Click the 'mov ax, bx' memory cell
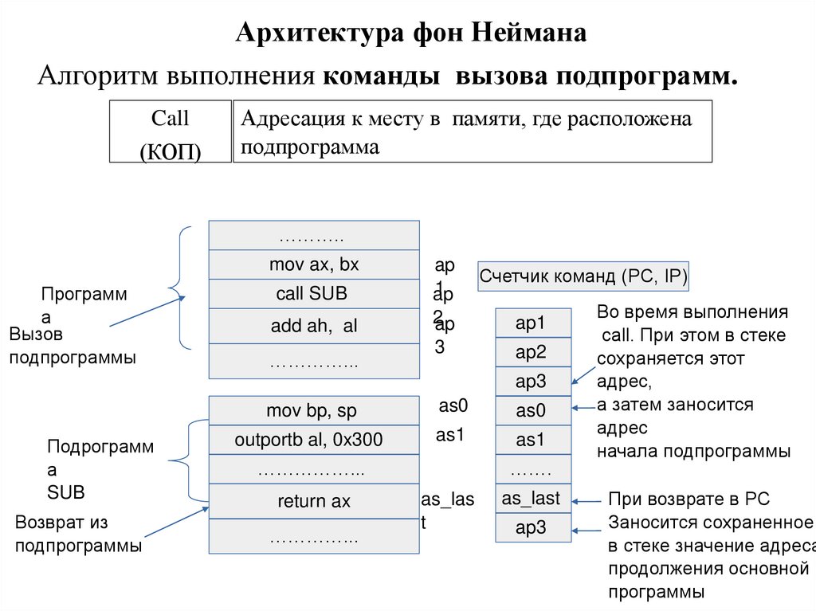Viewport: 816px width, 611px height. click(313, 264)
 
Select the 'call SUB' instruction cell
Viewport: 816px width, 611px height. click(313, 293)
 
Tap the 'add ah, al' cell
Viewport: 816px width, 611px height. click(313, 327)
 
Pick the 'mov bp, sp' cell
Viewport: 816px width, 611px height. click(313, 411)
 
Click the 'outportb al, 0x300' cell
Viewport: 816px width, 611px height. click(313, 440)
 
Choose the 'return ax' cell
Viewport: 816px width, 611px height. click(313, 501)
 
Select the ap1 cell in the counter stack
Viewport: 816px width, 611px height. click(533, 323)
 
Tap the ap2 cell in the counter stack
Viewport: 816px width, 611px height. click(533, 352)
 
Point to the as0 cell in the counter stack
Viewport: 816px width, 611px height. click(533, 411)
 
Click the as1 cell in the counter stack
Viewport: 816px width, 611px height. click(533, 440)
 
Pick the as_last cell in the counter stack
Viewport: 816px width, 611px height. click(533, 499)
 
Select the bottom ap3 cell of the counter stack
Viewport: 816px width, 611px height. click(533, 527)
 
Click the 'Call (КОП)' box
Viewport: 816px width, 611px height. click(170, 132)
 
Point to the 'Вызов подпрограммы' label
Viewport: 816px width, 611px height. click(72, 347)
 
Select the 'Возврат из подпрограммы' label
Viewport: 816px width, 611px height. click(78, 535)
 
